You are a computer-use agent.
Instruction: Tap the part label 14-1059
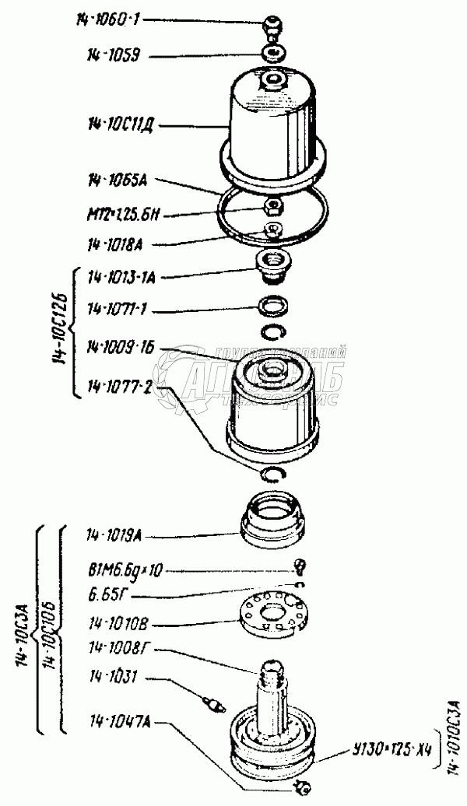pyautogui.click(x=107, y=56)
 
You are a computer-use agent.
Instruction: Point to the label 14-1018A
pyautogui.click(x=114, y=244)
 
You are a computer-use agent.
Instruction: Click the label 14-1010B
pyautogui.click(x=114, y=623)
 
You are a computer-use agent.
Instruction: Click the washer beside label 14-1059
pyautogui.click(x=272, y=54)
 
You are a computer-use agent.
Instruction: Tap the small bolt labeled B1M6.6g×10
pyautogui.click(x=299, y=564)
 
